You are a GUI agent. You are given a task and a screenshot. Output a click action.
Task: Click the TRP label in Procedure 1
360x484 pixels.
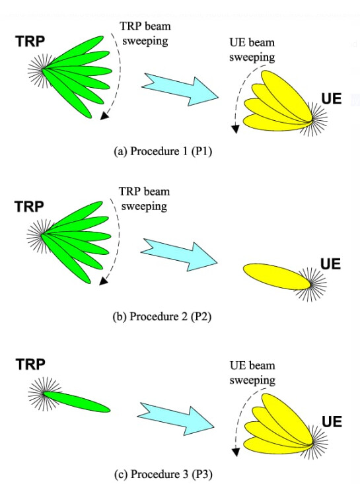point(30,42)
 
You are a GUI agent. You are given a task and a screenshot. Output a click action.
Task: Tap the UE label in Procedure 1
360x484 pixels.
point(332,99)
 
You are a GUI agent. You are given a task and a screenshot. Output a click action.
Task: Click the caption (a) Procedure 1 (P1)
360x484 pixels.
point(163,151)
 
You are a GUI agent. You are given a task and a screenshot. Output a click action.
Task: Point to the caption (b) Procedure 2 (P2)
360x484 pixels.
point(162,316)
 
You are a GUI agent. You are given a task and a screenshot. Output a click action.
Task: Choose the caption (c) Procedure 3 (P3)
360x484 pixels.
point(163,474)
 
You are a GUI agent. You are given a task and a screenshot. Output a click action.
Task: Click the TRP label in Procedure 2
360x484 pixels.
point(29,207)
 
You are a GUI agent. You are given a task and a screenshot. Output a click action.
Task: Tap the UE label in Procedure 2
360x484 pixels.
point(330,264)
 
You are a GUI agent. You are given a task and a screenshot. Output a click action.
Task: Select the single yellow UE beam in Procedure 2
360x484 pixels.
point(277,277)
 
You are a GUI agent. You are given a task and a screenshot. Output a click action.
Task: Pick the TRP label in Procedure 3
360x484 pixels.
point(30,364)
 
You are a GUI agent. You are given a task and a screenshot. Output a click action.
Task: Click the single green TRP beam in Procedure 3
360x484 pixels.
point(77,402)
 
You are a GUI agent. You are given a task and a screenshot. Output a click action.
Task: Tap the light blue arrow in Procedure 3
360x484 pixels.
point(176,419)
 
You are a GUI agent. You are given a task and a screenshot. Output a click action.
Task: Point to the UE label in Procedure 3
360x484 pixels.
point(332,422)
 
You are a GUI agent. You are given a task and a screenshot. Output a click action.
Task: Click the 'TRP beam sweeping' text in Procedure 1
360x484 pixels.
point(145,33)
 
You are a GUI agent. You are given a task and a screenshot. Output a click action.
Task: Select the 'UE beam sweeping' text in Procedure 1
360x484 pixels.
point(252,50)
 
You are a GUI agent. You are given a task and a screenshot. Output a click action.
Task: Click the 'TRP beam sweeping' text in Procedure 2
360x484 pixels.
point(144,199)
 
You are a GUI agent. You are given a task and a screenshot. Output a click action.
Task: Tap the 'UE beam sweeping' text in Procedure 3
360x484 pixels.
point(252,372)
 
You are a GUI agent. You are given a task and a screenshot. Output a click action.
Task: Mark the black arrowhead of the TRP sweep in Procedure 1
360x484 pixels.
point(104,116)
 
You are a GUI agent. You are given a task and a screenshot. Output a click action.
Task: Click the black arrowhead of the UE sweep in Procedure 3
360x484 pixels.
point(236,452)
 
